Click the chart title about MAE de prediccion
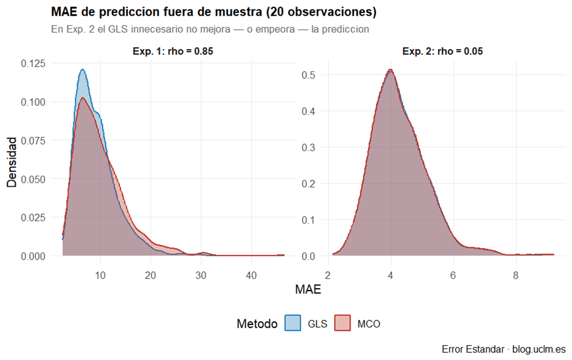point(213,12)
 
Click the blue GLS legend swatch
point(293,324)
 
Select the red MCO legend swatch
point(342,324)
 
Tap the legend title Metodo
point(257,324)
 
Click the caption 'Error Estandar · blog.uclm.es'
point(503,349)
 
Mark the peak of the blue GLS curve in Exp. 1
point(82,70)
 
